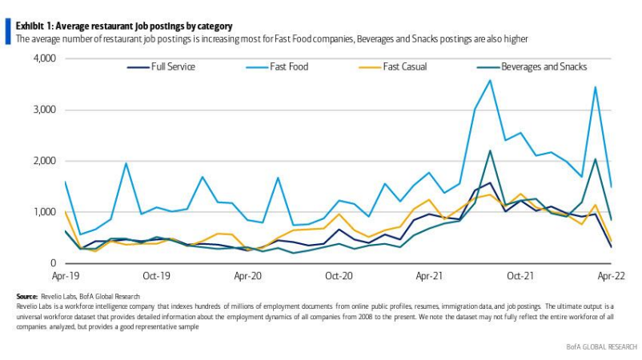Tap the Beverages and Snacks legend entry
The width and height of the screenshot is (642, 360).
tap(544, 66)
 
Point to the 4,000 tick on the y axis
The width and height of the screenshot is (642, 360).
tap(44, 58)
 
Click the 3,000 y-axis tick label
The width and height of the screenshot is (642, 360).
tap(44, 110)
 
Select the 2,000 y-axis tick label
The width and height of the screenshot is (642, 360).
tap(44, 161)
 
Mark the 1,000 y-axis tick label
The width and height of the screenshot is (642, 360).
tap(44, 212)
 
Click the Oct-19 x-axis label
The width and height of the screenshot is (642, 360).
tap(156, 276)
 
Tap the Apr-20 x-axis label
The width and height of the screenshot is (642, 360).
tap(248, 276)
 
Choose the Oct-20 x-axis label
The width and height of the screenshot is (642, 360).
tap(339, 276)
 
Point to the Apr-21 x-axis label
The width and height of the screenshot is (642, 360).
tap(431, 276)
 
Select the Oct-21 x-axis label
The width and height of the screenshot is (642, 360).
tap(521, 276)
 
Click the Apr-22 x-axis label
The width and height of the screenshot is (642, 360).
tap(612, 276)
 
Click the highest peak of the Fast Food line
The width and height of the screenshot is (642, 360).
tap(490, 80)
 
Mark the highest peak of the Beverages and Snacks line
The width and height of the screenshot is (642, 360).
tap(490, 150)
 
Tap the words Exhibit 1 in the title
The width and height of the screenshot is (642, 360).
tap(36, 26)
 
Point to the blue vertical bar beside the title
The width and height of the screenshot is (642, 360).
tap(9, 32)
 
